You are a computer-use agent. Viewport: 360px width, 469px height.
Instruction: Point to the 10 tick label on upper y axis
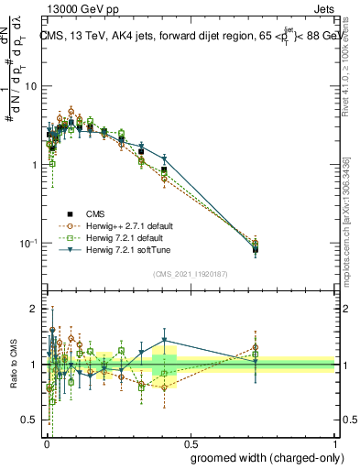point(29,86)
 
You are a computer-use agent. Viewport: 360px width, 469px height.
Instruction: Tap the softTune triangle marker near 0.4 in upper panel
point(164,159)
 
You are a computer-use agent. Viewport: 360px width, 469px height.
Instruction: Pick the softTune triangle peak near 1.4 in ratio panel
point(164,341)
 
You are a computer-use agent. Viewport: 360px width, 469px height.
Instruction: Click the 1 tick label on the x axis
point(333,441)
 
